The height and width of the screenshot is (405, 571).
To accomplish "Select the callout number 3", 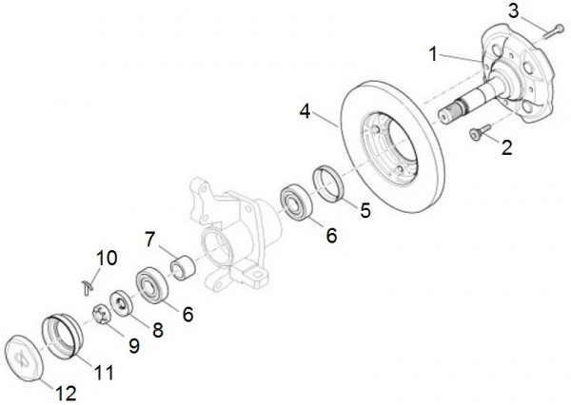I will pos(514,11).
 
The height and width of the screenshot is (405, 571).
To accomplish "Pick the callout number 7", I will pos(149,236).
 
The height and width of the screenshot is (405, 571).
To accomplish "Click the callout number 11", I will pos(104,373).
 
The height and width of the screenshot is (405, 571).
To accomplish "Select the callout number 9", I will pos(133,347).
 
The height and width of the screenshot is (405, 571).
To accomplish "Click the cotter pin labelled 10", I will pos(88,280).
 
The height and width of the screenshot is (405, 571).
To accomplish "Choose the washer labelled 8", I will pos(121,300).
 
